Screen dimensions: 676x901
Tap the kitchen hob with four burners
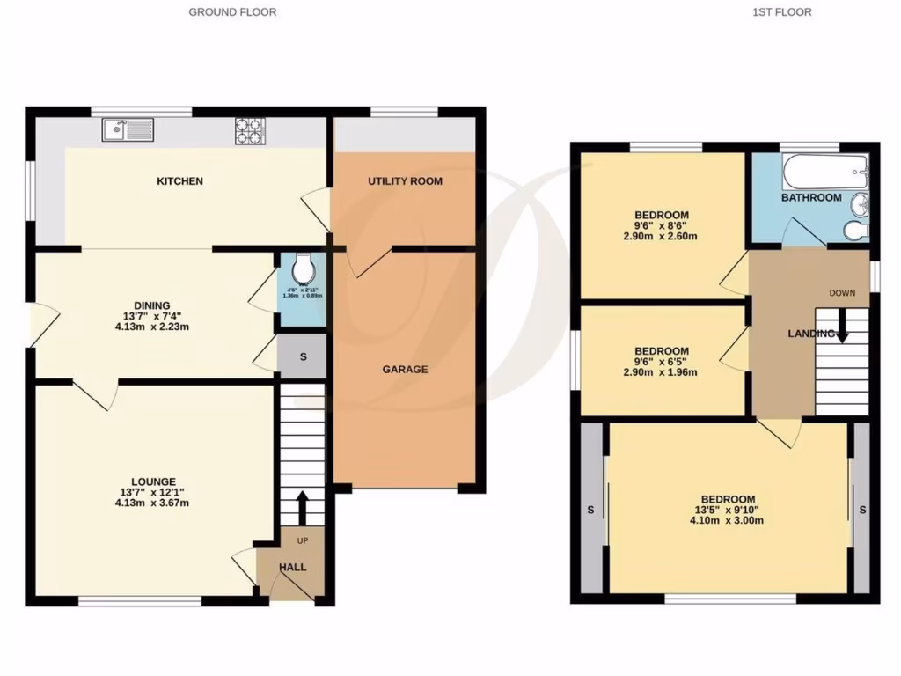point(249,130)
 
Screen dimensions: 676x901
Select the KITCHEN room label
point(179,181)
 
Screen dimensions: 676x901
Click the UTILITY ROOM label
point(405,181)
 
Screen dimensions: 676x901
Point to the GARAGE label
point(405,370)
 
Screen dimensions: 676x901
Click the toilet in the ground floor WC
point(304,265)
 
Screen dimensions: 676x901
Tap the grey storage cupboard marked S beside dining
point(303,357)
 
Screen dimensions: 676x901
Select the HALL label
point(292,568)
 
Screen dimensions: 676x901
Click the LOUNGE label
point(154,481)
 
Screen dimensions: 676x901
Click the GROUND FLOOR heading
point(232,12)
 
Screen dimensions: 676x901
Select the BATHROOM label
point(811,198)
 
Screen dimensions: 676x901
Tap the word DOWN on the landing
point(842,292)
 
